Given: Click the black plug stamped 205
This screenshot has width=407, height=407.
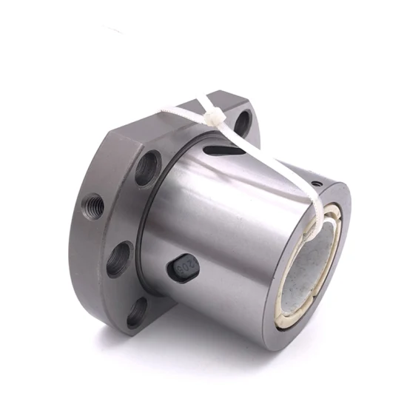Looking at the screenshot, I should pyautogui.click(x=184, y=268).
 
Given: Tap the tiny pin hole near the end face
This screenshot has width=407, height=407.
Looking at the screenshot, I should pyautogui.click(x=316, y=181).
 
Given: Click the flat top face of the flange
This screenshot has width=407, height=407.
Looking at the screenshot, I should pyautogui.click(x=148, y=118).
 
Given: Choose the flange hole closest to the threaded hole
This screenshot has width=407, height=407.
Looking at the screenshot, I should pyautogui.click(x=119, y=259).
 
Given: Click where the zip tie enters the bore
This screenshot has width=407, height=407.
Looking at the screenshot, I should pyautogui.click(x=320, y=222).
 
